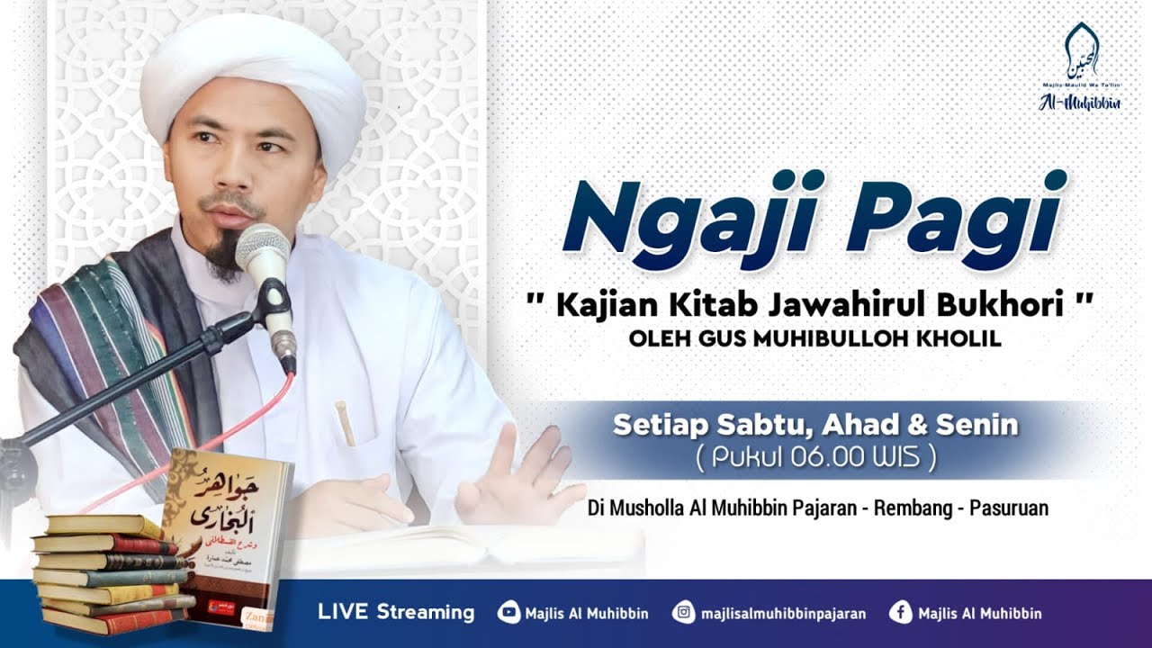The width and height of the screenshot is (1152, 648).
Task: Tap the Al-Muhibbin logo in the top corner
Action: tap(1079, 67)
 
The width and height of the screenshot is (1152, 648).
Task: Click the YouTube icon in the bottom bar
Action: tap(508, 613)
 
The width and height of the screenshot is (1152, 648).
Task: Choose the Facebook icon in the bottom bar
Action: tap(900, 613)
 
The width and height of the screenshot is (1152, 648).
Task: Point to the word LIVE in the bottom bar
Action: tap(343, 613)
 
